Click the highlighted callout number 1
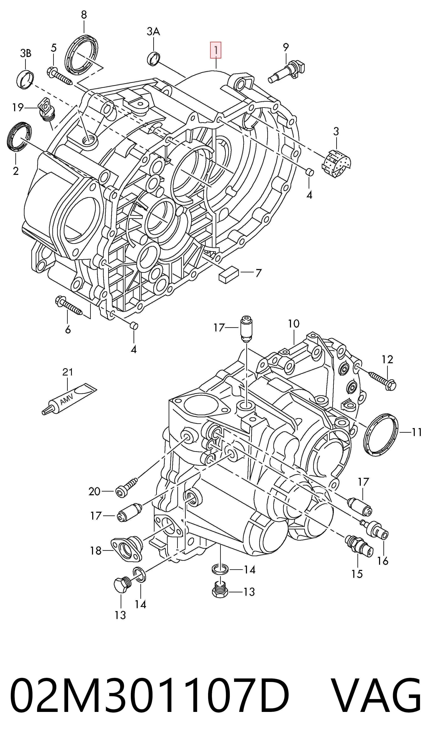(x=216, y=50)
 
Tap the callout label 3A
(x=153, y=31)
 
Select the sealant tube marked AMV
(x=69, y=398)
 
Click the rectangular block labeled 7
(x=228, y=275)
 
